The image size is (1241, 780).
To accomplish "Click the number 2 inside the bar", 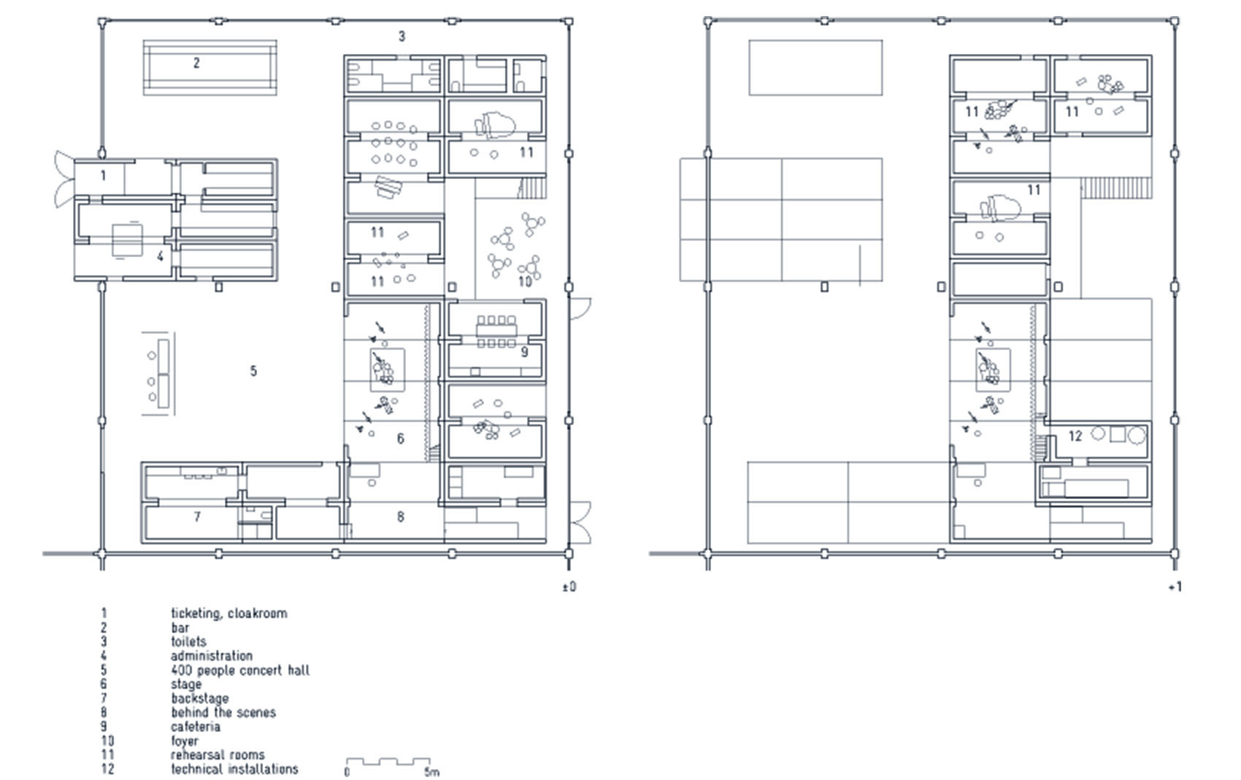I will point(196,64).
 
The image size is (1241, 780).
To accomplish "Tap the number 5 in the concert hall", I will point(253,371).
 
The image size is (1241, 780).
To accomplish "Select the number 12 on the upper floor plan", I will point(1075,436).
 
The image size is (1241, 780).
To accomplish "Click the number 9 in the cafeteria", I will point(524,352).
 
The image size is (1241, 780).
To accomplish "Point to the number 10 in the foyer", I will point(525,282).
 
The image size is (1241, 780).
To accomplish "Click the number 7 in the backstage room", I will point(197,517).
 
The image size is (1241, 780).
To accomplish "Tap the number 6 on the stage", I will point(400,439).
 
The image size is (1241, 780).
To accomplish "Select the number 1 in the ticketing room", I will point(103,175).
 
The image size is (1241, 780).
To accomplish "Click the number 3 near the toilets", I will point(401,37).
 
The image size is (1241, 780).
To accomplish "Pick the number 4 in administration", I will point(160,256).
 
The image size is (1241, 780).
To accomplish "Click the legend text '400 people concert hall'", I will point(239,670).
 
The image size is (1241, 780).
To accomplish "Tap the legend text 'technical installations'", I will point(234,769).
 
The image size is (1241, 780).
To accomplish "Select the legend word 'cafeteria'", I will point(195,727).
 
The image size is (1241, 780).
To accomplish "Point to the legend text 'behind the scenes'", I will point(223,712).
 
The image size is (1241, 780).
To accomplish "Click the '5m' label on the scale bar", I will point(431,772).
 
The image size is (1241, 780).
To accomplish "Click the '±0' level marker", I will point(569,586).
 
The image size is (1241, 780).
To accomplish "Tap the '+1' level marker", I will point(1175,586).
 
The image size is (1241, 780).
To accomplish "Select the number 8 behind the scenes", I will point(400,517).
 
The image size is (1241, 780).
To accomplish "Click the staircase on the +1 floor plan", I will point(1115,188).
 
